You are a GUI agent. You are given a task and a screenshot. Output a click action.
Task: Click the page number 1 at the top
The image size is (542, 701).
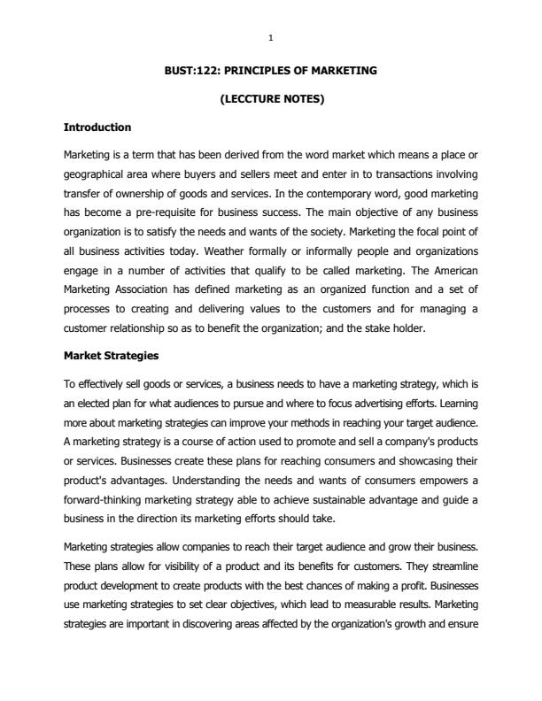tap(271, 37)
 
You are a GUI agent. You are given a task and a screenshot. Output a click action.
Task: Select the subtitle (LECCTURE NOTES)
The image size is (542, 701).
tap(271, 98)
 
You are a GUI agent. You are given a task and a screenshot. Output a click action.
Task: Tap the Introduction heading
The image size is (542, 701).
tap(97, 127)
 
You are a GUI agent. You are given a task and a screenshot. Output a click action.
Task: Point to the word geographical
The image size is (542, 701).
tap(94, 174)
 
